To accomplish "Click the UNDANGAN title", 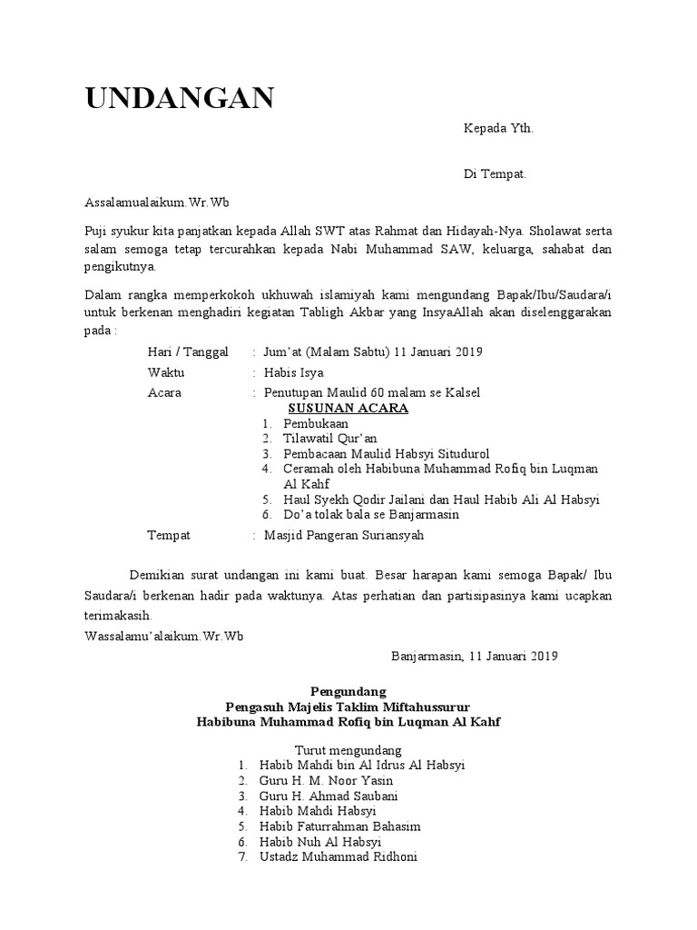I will (180, 97).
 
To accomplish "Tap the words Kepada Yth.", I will (498, 128).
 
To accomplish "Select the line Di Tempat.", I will (495, 173).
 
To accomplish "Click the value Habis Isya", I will (293, 372).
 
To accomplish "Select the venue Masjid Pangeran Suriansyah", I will (343, 535).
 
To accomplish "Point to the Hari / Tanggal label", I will (188, 351).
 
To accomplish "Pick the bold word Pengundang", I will (348, 690).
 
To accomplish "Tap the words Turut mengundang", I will (348, 750).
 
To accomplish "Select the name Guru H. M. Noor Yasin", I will (326, 780).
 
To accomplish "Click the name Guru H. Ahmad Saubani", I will (328, 796).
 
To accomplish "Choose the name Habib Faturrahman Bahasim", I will (339, 826).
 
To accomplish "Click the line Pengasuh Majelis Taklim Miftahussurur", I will (348, 706).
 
